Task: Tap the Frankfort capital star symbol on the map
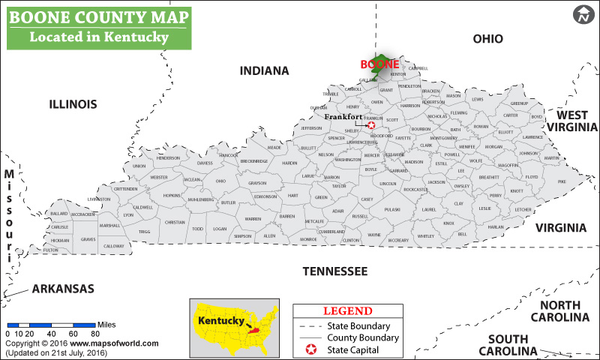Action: click(370, 125)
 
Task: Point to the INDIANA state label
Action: click(264, 71)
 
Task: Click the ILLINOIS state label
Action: click(73, 103)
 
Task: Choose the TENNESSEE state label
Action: click(334, 271)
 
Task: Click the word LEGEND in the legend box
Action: click(347, 311)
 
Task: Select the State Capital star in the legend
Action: click(310, 350)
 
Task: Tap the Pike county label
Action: click(562, 181)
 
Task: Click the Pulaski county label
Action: click(392, 210)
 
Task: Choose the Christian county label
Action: click(175, 222)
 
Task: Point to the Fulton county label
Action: click(51, 250)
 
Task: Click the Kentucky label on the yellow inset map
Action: click(220, 321)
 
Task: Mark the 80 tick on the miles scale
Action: click(95, 334)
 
